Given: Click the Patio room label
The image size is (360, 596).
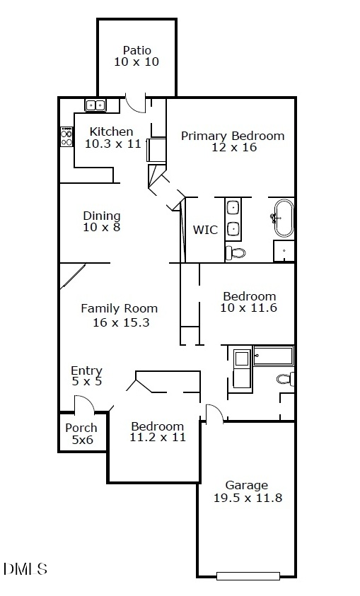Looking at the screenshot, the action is pyautogui.click(x=137, y=50).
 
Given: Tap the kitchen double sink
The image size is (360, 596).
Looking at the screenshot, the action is pyautogui.click(x=95, y=105).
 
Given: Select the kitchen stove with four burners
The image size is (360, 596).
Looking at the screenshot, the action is pyautogui.click(x=66, y=136).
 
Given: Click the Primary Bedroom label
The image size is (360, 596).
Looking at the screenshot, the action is pyautogui.click(x=233, y=136).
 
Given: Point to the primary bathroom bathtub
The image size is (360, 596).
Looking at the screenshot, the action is pyautogui.click(x=284, y=218).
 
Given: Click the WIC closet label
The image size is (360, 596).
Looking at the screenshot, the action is pyautogui.click(x=205, y=230).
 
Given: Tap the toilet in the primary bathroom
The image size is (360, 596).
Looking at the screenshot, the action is pyautogui.click(x=236, y=252).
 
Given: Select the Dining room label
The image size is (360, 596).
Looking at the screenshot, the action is pyautogui.click(x=102, y=216).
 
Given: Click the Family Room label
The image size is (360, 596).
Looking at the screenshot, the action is pyautogui.click(x=119, y=308).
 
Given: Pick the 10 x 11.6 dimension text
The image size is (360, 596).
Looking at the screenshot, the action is pyautogui.click(x=249, y=308).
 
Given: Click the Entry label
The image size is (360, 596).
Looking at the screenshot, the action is pyautogui.click(x=87, y=370).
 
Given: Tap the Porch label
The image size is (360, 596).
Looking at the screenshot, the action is pyautogui.click(x=81, y=428).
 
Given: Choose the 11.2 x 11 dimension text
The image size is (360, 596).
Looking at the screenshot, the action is pyautogui.click(x=158, y=437).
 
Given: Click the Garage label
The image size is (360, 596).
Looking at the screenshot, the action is pyautogui.click(x=247, y=486).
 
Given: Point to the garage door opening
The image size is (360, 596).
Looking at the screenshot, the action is pyautogui.click(x=248, y=576).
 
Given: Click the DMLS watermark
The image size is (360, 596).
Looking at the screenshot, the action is pyautogui.click(x=25, y=568).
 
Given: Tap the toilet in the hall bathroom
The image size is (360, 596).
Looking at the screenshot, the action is pyautogui.click(x=285, y=378).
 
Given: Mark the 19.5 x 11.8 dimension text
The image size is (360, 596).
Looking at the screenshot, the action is pyautogui.click(x=248, y=498).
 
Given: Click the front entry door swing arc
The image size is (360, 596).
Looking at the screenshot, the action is pyautogui.click(x=88, y=400).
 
